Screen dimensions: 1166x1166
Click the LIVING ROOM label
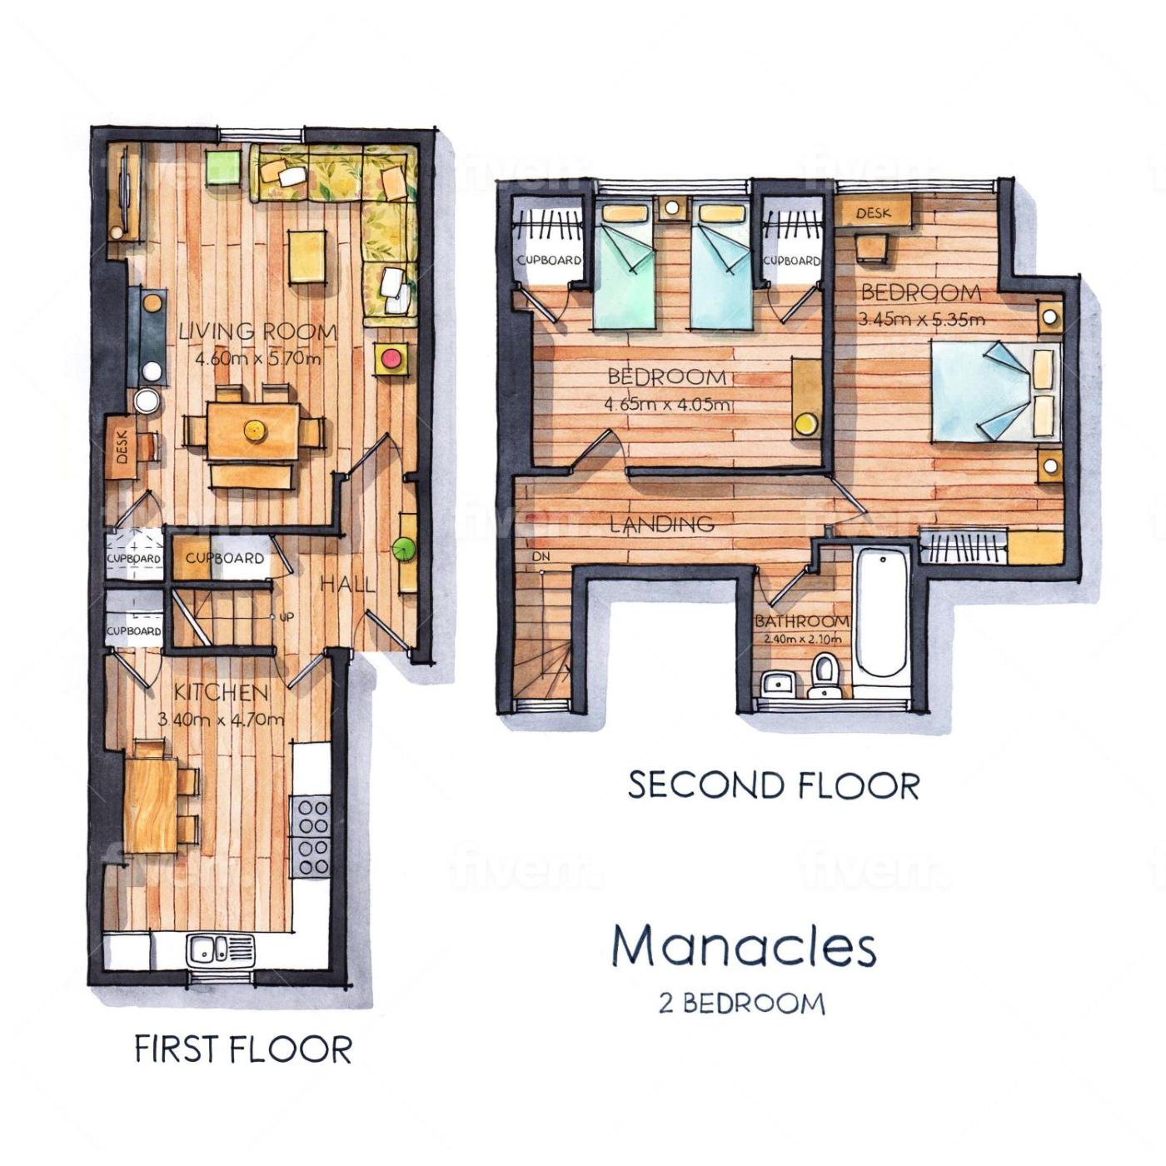coord(258,331)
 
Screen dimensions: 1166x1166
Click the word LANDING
coord(662,523)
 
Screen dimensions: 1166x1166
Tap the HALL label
coord(347,584)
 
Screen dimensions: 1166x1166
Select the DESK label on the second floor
coord(874,213)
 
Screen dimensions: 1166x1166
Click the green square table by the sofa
coord(223,167)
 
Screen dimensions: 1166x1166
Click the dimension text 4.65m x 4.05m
coord(667,404)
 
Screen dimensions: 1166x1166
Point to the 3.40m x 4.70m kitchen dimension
coord(221,720)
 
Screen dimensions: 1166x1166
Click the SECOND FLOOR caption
coord(774,785)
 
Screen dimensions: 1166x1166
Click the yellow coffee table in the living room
coord(307,256)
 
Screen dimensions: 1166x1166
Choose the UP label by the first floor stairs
coord(287,617)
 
